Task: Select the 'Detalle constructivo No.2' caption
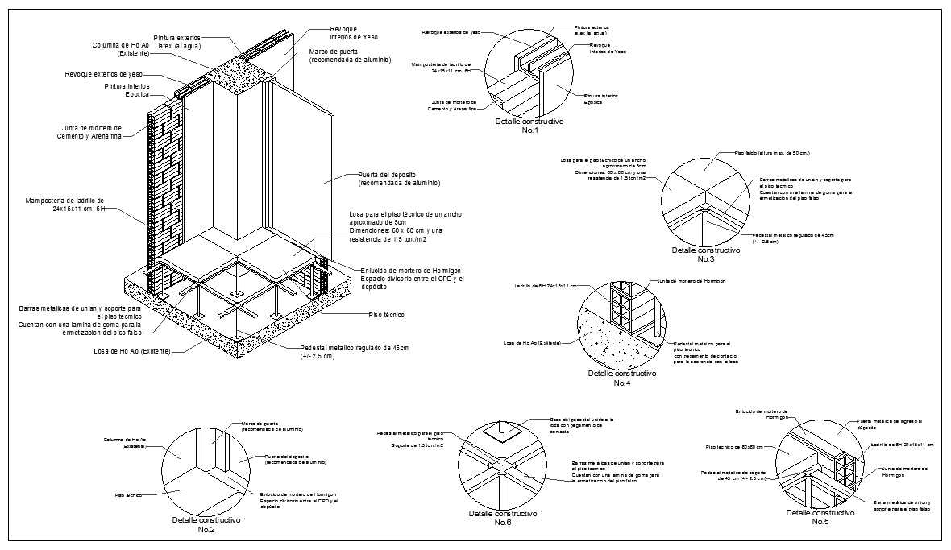(206, 525)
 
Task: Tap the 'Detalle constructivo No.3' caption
(705, 254)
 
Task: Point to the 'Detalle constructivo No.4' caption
(621, 378)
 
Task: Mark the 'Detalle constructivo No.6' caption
(503, 518)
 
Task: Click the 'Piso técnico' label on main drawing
(386, 315)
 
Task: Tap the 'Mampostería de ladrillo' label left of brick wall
(65, 204)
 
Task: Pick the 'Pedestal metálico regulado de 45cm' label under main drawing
(354, 351)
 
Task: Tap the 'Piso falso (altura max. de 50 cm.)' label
(771, 152)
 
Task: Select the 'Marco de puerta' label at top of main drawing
(350, 56)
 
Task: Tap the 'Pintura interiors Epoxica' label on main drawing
(126, 89)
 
